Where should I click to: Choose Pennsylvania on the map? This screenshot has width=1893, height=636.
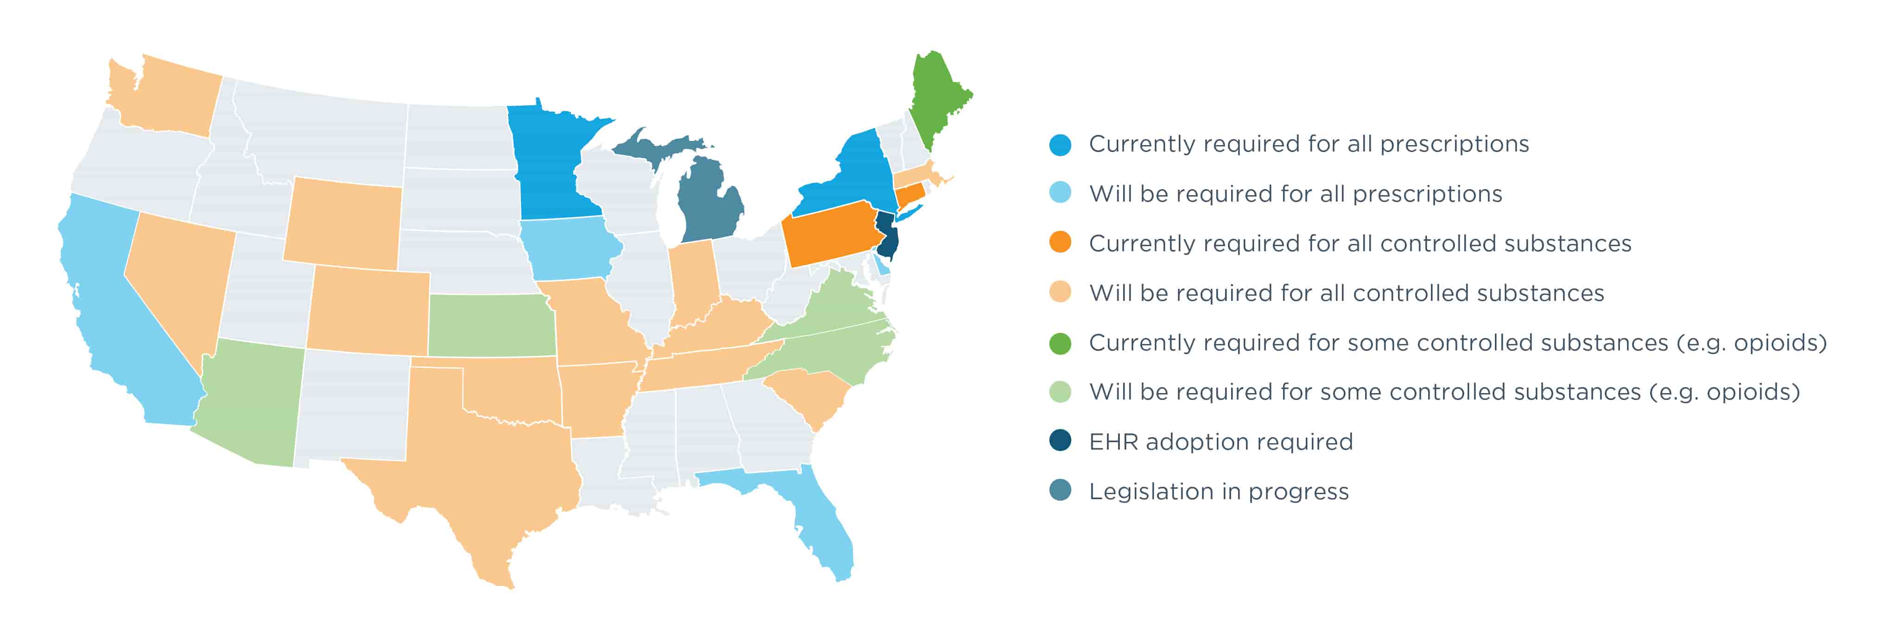(831, 235)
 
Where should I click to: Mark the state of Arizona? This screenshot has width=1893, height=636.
(250, 401)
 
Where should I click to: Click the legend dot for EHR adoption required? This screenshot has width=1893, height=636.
(1060, 441)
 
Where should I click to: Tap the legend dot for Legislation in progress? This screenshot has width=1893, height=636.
(1060, 490)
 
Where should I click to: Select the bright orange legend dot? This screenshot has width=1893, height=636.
(1060, 242)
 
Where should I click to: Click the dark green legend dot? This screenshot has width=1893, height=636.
(1060, 343)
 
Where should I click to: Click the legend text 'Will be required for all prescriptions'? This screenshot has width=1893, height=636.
(1295, 193)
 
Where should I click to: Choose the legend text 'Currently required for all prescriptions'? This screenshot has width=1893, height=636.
(1308, 144)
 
